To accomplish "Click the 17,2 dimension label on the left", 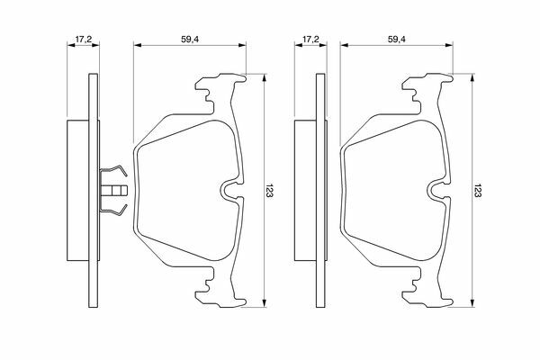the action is pyautogui.click(x=83, y=40).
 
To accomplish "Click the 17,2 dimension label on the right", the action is pyautogui.click(x=310, y=40).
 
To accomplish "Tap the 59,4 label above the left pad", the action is pyautogui.click(x=190, y=40).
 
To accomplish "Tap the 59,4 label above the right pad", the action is pyautogui.click(x=397, y=40).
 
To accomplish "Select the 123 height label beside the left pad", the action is pyautogui.click(x=269, y=190).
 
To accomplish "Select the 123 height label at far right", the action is pyautogui.click(x=477, y=190).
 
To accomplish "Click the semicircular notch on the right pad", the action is pyautogui.click(x=436, y=191).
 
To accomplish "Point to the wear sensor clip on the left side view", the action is pyautogui.click(x=113, y=190).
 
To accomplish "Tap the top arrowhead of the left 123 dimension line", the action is pyautogui.click(x=264, y=78).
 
